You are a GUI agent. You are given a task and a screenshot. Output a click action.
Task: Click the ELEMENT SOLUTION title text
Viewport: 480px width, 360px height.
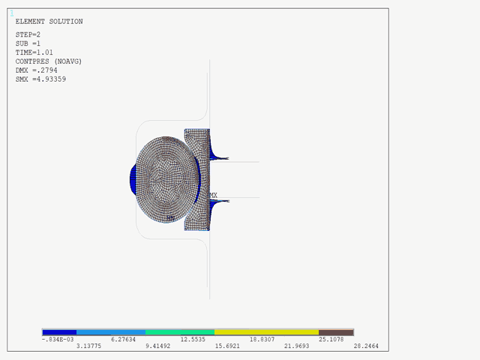tap(49, 22)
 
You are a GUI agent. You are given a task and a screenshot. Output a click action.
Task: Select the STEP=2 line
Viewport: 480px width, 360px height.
tap(28, 34)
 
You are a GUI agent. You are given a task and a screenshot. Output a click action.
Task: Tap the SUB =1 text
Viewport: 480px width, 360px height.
tap(30, 43)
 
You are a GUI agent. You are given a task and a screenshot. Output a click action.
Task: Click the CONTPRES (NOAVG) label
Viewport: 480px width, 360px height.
tap(49, 61)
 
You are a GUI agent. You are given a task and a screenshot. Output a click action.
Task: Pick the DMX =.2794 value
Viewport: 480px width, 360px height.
tap(37, 70)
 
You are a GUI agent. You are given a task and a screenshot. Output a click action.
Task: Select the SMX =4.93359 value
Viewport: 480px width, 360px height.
tap(40, 79)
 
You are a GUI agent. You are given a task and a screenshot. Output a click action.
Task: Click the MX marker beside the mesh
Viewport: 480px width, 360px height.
tap(213, 195)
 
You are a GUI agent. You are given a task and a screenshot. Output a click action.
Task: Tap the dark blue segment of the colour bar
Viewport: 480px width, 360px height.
tap(59, 331)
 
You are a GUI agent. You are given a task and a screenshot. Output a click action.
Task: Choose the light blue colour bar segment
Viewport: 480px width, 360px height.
tap(111, 331)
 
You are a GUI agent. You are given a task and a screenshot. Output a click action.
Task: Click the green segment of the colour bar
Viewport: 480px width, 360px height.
tap(180, 331)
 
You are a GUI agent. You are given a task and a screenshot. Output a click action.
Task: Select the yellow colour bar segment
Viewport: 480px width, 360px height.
tap(266, 331)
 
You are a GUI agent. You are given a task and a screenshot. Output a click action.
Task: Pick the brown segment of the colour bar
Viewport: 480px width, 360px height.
tap(336, 331)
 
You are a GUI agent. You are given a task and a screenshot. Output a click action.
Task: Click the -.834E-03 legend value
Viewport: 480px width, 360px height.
tap(58, 340)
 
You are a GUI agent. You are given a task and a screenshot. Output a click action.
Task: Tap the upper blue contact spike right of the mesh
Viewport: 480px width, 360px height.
tap(219, 157)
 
